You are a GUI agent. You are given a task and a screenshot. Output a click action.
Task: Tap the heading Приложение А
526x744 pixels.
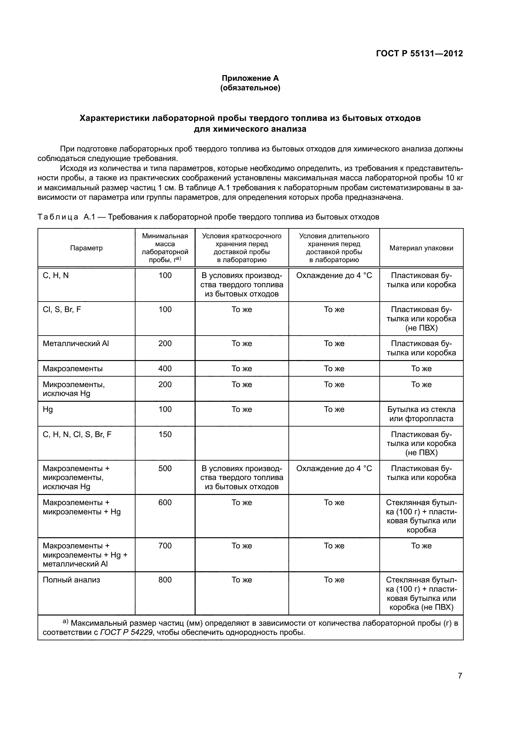click(x=250, y=78)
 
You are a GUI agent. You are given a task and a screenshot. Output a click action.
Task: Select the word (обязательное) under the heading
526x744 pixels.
click(x=250, y=88)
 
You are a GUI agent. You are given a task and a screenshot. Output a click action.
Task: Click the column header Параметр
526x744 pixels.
click(x=86, y=248)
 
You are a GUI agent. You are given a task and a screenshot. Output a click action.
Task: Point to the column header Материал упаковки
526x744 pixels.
click(x=421, y=248)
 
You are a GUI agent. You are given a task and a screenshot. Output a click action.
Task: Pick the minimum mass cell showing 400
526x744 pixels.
click(x=165, y=368)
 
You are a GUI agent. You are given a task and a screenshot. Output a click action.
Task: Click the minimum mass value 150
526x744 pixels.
click(x=165, y=434)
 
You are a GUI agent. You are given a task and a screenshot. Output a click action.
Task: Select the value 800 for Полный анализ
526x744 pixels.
click(x=165, y=580)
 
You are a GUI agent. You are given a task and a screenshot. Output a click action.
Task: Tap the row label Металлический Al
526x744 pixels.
click(x=76, y=344)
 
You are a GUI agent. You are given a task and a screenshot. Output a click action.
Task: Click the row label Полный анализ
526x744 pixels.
click(x=71, y=580)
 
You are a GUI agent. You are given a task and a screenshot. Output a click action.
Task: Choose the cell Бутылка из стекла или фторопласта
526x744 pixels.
click(x=421, y=414)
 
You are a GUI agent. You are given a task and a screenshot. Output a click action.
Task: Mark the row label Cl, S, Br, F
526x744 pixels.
click(x=62, y=309)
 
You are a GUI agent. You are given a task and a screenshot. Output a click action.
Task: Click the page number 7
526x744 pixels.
click(x=460, y=676)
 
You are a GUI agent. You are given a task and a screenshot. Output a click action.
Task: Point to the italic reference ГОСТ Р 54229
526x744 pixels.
click(x=126, y=632)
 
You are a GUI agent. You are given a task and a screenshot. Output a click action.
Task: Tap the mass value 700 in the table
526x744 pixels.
click(x=165, y=546)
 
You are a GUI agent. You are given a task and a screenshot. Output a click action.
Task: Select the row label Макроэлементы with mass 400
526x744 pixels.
click(x=73, y=368)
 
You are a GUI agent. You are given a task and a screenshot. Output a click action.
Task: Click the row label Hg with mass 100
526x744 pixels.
click(x=48, y=409)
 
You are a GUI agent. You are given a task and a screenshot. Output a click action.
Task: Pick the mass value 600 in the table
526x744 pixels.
click(x=165, y=503)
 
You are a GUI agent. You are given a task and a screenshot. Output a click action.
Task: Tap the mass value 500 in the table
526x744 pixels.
click(x=165, y=468)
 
